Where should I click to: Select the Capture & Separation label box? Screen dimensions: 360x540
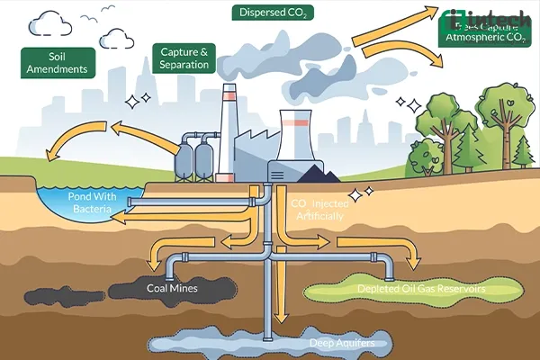coord(184,58)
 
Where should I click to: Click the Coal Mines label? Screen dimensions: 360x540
coord(172,289)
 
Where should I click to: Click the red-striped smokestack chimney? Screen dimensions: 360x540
coord(228,117)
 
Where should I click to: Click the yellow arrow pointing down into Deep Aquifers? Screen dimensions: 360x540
coord(281,297)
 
